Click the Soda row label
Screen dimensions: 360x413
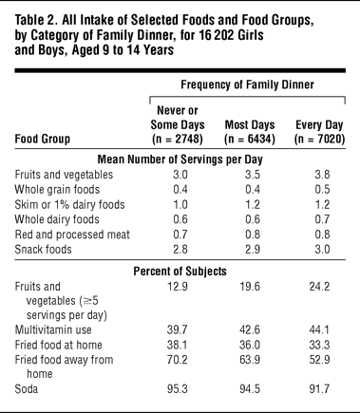(x=27, y=388)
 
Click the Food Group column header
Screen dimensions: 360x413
(x=43, y=139)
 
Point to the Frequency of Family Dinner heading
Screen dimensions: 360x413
(x=247, y=84)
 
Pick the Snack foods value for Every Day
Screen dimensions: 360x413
(x=322, y=249)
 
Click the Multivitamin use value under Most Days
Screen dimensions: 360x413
(x=250, y=329)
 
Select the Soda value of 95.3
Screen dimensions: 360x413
(x=178, y=388)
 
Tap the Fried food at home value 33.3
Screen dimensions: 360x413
(x=319, y=345)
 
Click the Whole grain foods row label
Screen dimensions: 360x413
(x=57, y=189)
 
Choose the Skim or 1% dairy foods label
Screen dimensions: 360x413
(x=69, y=204)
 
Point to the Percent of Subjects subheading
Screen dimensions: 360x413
(x=180, y=272)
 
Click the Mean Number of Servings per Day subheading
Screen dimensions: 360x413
(x=180, y=160)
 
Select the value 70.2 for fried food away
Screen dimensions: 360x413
(x=178, y=360)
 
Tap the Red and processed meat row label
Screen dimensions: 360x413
(x=72, y=235)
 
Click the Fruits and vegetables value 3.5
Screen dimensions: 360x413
(x=253, y=175)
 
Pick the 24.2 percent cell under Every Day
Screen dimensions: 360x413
(x=319, y=287)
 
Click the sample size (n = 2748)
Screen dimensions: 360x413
(x=178, y=139)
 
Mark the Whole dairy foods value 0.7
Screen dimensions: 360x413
(x=322, y=219)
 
